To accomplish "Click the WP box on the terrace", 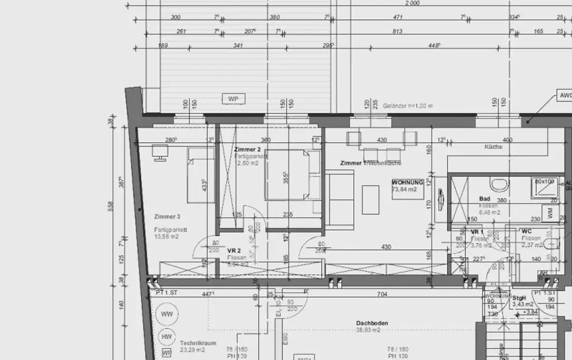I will (233, 99).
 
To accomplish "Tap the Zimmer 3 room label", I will (168, 217).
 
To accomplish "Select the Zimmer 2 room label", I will (247, 150).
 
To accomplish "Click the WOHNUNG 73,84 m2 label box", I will (407, 186).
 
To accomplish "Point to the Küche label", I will (493, 147).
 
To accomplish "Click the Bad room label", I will (484, 199).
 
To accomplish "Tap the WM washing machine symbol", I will (551, 213).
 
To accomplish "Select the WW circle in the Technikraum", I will (167, 314).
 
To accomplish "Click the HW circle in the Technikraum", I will (166, 337).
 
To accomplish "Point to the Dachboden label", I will (372, 323).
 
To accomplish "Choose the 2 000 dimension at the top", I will (413, 4).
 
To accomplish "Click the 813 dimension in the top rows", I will (397, 31).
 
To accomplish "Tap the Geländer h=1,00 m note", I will (408, 105).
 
